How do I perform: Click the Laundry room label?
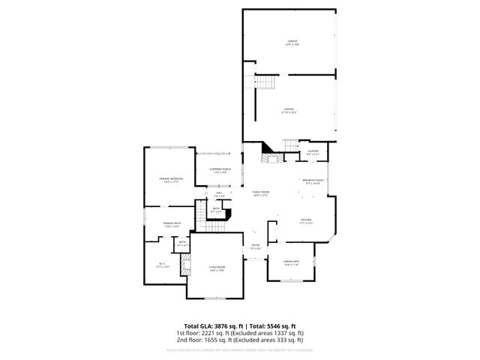tap(313, 152)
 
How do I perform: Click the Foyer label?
tap(256, 246)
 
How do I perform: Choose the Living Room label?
tap(217, 268)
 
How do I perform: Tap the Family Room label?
tap(261, 193)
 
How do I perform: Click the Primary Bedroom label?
tap(170, 180)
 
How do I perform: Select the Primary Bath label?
tap(172, 224)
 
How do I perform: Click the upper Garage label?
tap(292, 42)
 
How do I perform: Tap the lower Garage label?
tap(289, 110)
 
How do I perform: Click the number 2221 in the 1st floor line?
tap(214, 332)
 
